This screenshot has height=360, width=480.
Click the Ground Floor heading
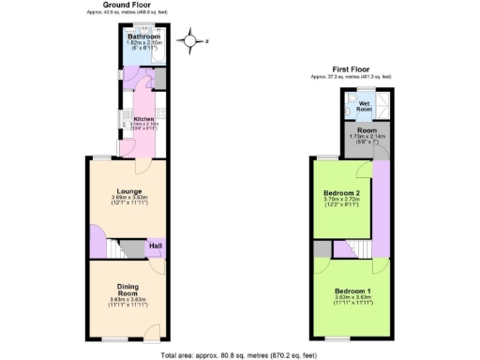(x=128, y=6)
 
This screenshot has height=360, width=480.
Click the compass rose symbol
(x=192, y=40)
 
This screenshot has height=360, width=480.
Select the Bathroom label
(x=144, y=37)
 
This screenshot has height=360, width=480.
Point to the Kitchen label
(x=142, y=120)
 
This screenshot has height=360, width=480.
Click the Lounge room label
(x=129, y=191)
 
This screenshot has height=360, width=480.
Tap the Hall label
(x=156, y=247)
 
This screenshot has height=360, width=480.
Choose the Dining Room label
(x=128, y=290)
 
